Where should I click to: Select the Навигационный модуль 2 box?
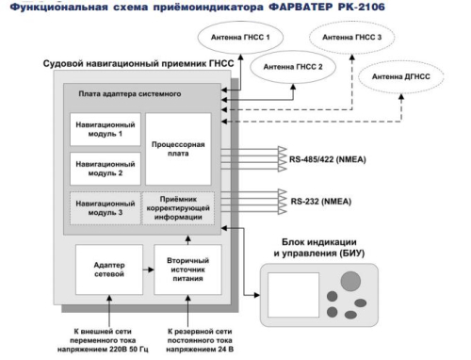[x=106, y=169]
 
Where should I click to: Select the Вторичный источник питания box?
[x=187, y=267]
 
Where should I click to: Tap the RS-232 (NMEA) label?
[x=325, y=199]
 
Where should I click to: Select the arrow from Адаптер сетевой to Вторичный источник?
[x=147, y=268]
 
